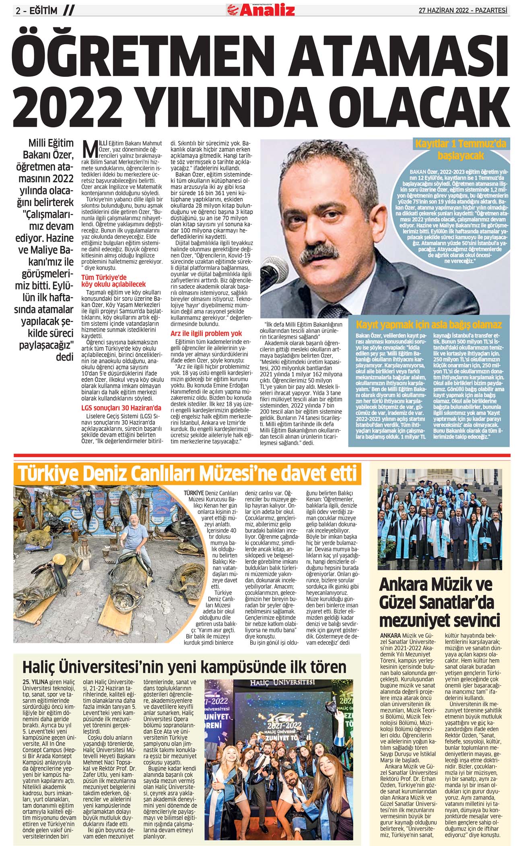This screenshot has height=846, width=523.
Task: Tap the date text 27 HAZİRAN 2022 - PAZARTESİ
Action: click(463, 11)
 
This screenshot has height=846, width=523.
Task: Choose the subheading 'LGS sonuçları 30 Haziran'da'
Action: click(121, 408)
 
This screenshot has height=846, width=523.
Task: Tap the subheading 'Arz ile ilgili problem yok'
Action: click(206, 334)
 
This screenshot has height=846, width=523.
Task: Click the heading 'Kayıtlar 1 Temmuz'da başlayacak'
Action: click(461, 149)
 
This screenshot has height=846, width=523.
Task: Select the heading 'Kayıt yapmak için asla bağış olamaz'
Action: click(429, 324)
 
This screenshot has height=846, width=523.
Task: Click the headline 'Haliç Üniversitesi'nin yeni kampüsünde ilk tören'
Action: click(184, 666)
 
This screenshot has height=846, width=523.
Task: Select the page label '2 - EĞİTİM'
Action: click(36, 11)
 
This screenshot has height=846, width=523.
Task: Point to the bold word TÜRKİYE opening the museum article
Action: click(194, 493)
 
